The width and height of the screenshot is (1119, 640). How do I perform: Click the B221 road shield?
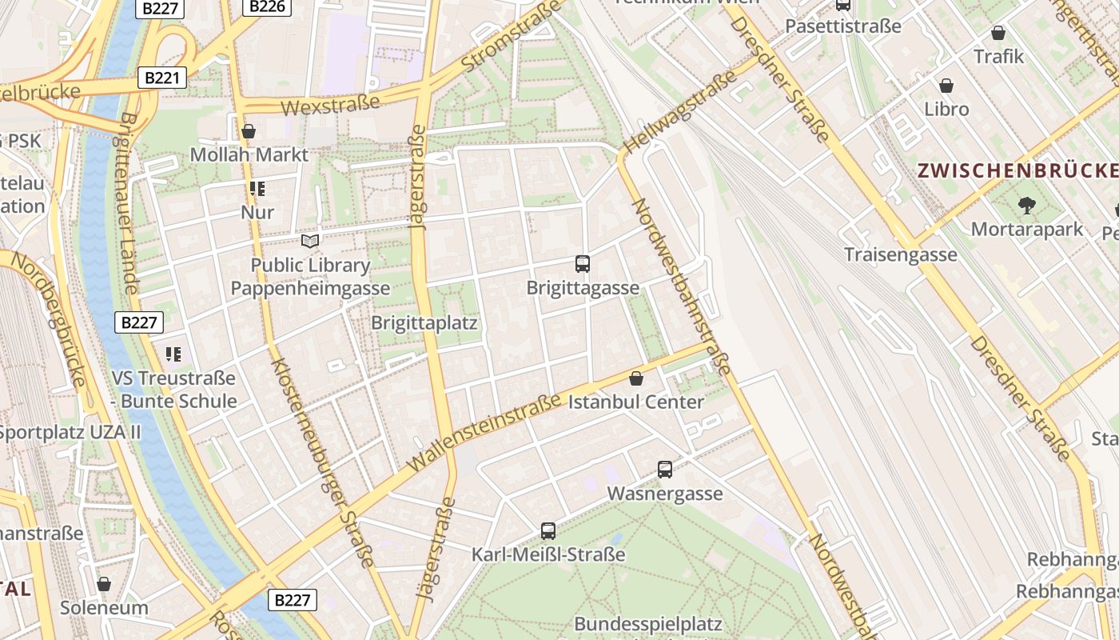tap(162, 78)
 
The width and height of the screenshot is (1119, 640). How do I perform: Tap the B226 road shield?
tap(266, 6)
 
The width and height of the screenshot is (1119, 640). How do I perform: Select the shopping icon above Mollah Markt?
tap(249, 131)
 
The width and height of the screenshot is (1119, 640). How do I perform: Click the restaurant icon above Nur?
tap(257, 190)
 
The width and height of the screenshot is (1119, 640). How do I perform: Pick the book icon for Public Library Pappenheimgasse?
tap(309, 241)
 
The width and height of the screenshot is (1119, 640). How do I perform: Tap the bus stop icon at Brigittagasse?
tap(583, 263)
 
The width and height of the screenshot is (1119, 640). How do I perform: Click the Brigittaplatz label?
tap(424, 323)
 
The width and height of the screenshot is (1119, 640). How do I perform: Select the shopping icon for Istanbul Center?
tap(636, 378)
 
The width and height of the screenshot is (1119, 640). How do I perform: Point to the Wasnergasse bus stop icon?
tap(665, 470)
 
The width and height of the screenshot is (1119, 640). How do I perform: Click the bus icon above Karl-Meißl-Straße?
tap(548, 530)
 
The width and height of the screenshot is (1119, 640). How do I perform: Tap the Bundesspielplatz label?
tap(647, 624)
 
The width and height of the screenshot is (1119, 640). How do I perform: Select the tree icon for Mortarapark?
tap(1027, 206)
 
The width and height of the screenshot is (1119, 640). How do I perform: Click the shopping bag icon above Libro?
tap(946, 86)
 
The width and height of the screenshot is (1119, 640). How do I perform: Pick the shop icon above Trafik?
tap(998, 33)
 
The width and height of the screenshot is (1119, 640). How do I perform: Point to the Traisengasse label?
tap(901, 254)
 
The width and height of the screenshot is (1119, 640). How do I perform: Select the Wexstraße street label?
tap(330, 105)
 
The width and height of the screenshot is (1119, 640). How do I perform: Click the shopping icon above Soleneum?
tap(104, 584)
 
